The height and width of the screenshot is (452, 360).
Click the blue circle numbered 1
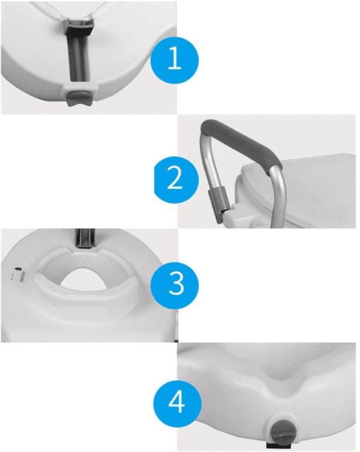pos(175,60)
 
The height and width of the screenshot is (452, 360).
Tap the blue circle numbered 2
pos(176,179)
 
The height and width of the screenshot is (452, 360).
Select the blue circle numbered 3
pos(175,285)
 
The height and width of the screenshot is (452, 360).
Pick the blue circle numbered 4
pos(177,403)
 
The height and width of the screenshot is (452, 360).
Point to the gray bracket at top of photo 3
pos(85,238)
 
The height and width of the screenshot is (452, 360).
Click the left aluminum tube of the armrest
pos(210,167)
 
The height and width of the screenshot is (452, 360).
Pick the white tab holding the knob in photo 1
pos(79,88)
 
